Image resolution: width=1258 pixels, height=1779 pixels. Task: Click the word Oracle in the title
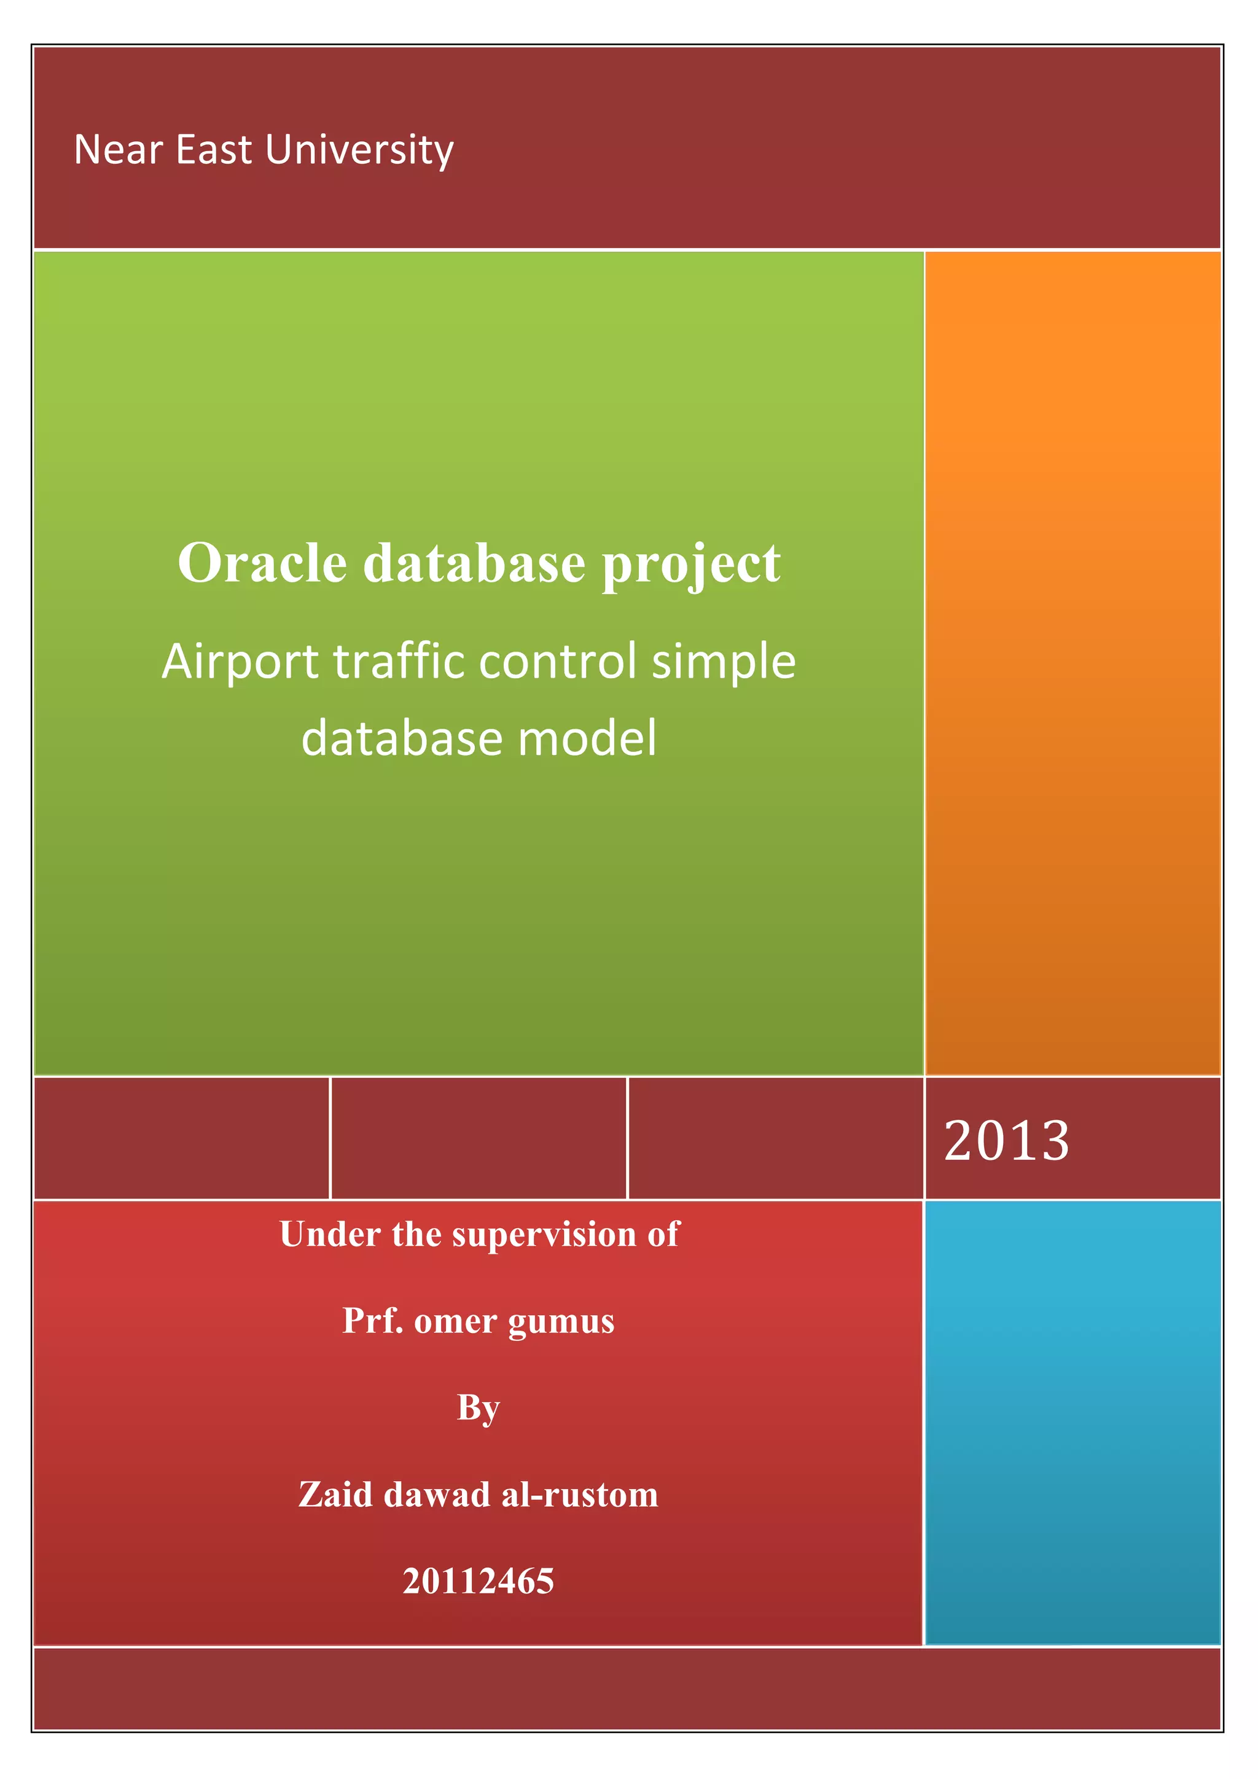click(x=262, y=563)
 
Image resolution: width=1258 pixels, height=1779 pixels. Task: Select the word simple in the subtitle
click(x=723, y=662)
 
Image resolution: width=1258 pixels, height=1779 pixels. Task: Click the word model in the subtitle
click(x=587, y=738)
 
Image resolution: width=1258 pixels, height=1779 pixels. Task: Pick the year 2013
click(x=1006, y=1141)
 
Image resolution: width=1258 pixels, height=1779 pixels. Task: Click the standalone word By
click(x=478, y=1408)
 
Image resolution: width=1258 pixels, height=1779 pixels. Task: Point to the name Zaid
click(x=335, y=1494)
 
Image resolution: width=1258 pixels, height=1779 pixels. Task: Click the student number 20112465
click(x=478, y=1581)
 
